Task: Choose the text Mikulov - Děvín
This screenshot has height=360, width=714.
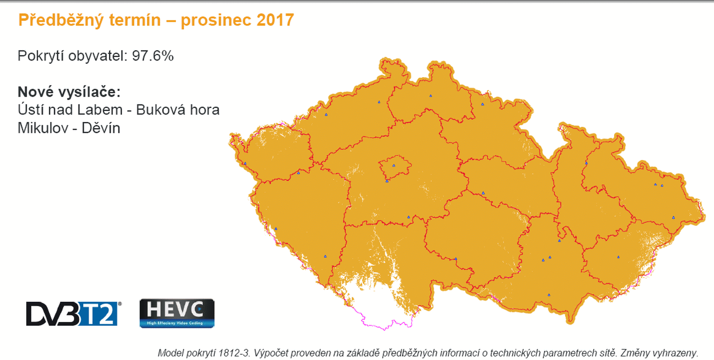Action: pos(69,128)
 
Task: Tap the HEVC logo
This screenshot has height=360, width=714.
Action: pos(177,313)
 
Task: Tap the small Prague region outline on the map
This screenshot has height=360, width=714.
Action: pos(395,168)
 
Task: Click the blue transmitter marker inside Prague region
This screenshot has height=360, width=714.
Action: pos(394,166)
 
